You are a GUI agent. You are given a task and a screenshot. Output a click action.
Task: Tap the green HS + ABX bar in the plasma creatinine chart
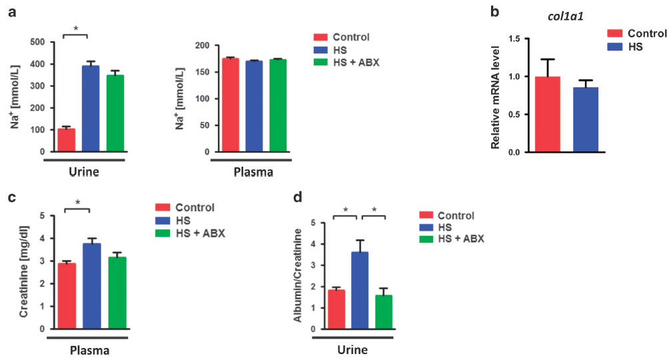click(117, 293)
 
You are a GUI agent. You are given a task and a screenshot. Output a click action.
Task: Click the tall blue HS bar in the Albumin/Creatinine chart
click(360, 291)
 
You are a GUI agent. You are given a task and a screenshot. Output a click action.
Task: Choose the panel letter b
click(494, 11)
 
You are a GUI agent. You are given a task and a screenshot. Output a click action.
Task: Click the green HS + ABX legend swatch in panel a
click(321, 62)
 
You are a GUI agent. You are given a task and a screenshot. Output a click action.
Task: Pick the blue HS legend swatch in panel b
click(616, 47)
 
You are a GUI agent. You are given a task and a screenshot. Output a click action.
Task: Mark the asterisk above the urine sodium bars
click(76, 29)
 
